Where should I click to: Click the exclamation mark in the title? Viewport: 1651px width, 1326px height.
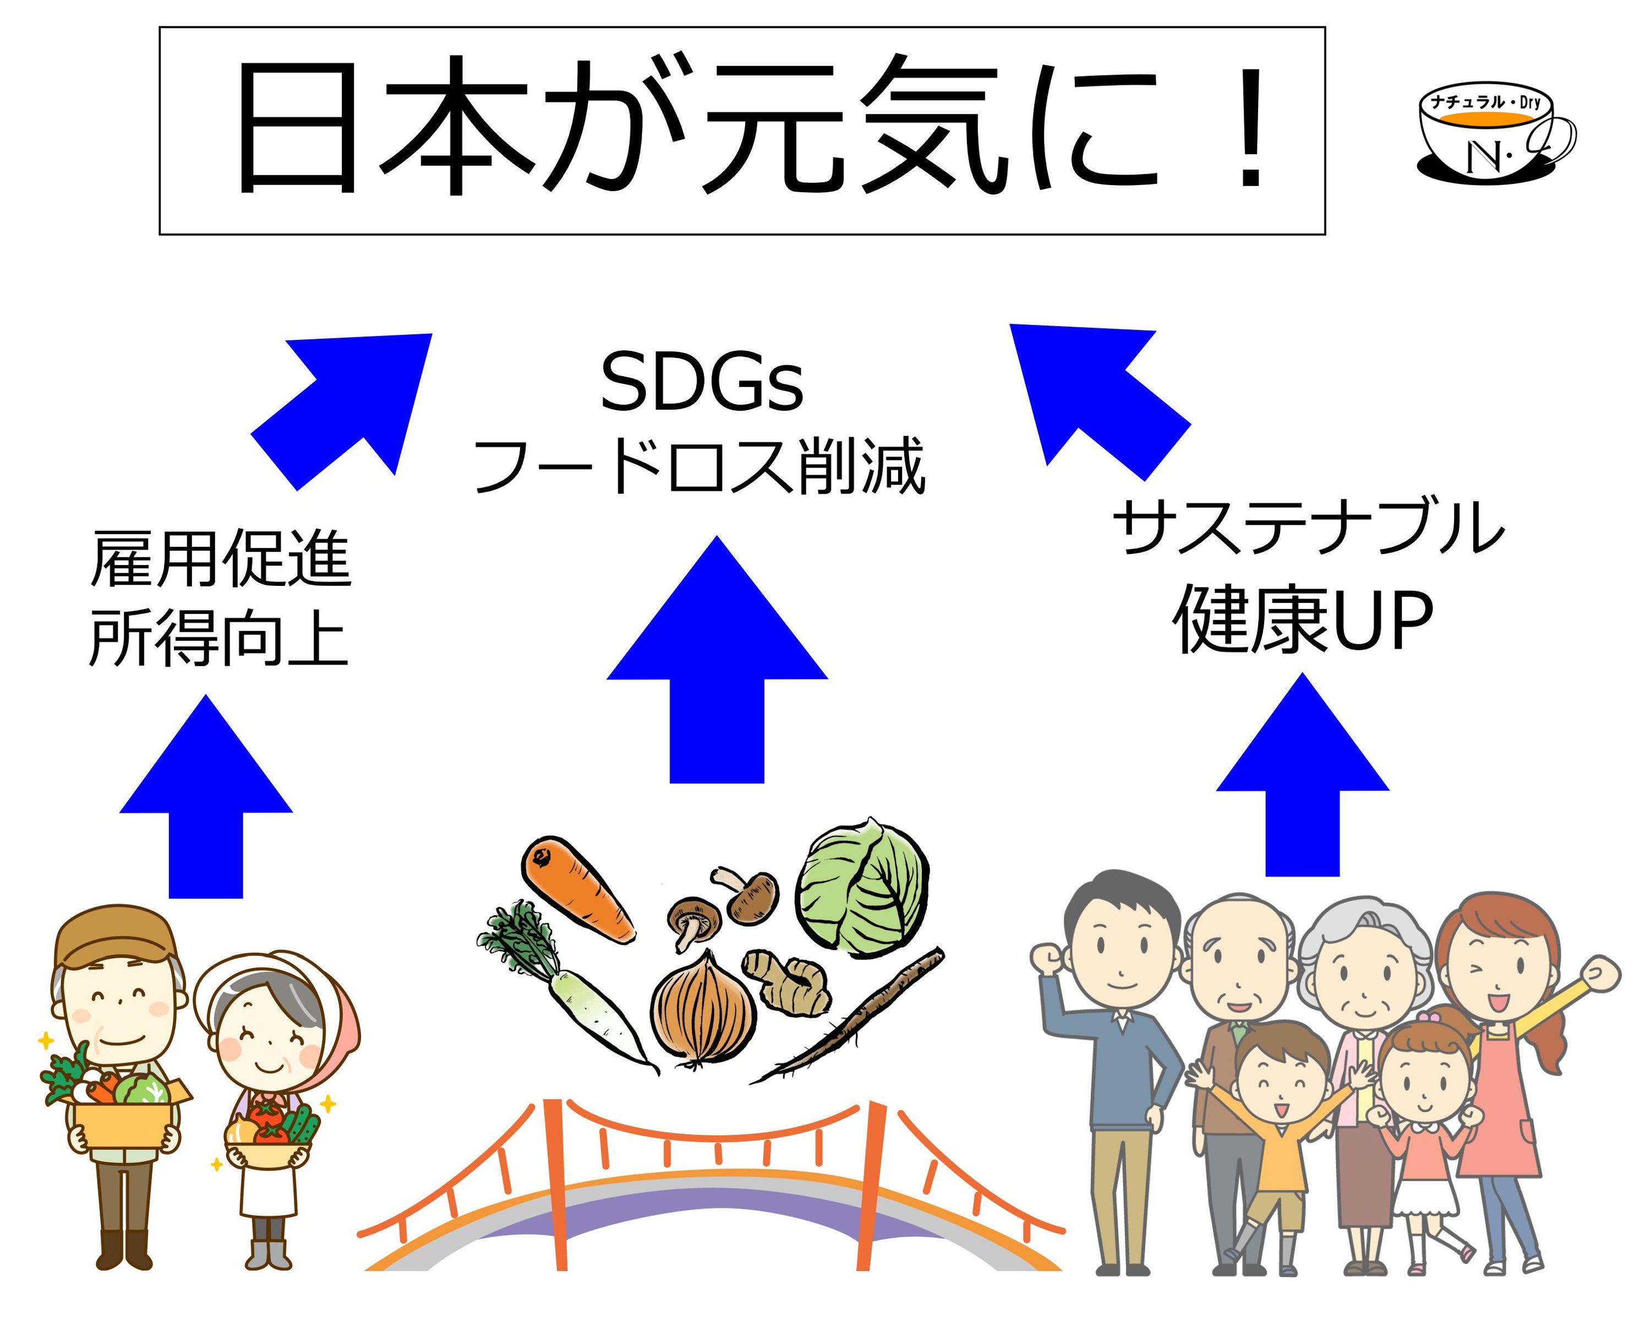(x=1250, y=127)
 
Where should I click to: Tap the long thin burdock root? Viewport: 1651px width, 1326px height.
(x=857, y=1019)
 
